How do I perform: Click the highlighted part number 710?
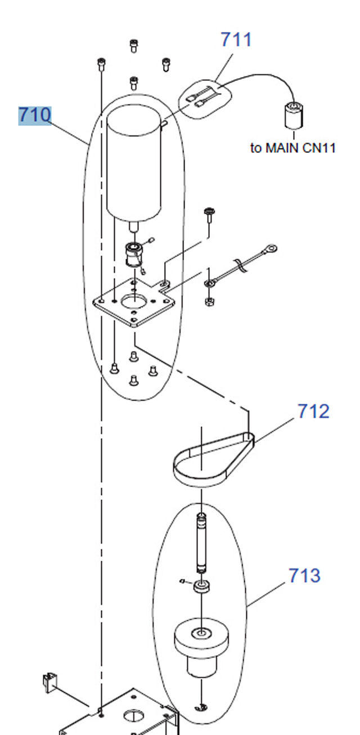tap(34, 115)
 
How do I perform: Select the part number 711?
tap(236, 39)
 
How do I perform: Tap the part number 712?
tap(313, 411)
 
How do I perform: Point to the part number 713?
tap(304, 575)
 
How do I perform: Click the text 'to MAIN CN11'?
tap(292, 148)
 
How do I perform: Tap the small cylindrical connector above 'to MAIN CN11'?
tap(294, 115)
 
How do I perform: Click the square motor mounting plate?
tap(133, 302)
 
